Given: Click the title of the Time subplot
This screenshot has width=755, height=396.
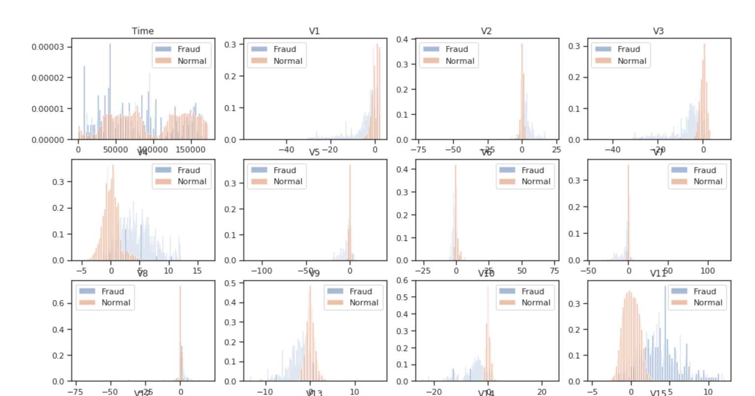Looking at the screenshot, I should (143, 31).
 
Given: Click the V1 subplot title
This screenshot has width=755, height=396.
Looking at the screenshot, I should (314, 31).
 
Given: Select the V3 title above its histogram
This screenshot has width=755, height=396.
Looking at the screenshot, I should (658, 31).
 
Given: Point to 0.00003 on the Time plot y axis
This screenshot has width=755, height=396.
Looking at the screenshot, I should (48, 47).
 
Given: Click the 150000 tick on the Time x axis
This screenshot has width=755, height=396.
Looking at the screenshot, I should (190, 149).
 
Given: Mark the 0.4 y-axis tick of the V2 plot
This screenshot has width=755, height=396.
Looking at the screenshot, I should (402, 39).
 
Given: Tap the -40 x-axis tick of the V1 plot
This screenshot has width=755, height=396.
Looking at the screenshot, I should (286, 149).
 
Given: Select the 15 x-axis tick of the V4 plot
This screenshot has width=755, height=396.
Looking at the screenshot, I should (197, 270).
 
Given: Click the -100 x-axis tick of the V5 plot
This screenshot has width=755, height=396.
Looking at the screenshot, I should (261, 270).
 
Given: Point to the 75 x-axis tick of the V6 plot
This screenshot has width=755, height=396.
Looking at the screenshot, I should (554, 270).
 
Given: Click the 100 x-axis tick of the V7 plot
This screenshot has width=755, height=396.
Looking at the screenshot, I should (708, 270).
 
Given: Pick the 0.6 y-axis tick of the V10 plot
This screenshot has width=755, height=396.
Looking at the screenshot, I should (402, 280).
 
